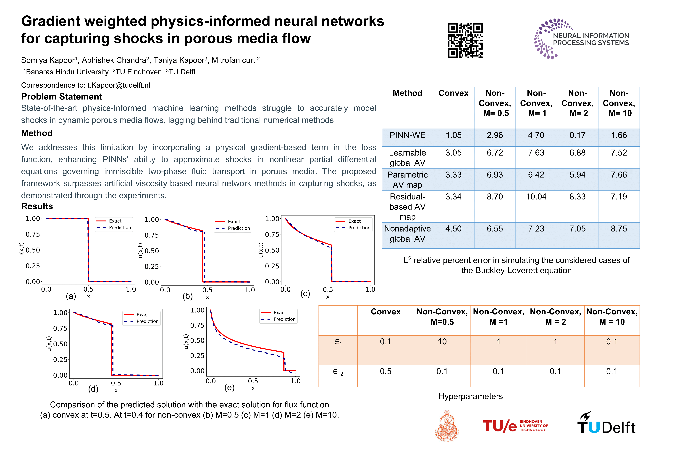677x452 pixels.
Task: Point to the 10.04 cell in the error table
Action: coord(536,197)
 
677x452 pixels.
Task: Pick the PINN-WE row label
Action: coord(407,135)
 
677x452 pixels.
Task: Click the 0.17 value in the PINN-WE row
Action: coord(577,135)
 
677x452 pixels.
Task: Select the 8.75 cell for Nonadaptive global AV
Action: coord(619,229)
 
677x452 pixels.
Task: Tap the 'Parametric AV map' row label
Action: coord(407,180)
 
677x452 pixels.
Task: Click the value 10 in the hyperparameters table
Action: coord(442,342)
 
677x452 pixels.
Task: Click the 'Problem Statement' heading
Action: coord(62,97)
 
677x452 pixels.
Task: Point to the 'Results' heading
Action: coord(37,206)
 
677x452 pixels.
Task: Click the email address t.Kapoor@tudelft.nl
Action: coord(119,85)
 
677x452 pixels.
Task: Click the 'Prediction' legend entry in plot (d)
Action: coord(147,321)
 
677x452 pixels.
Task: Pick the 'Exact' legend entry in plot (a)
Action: coord(115,221)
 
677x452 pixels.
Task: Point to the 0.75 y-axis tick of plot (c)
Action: coord(272,234)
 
